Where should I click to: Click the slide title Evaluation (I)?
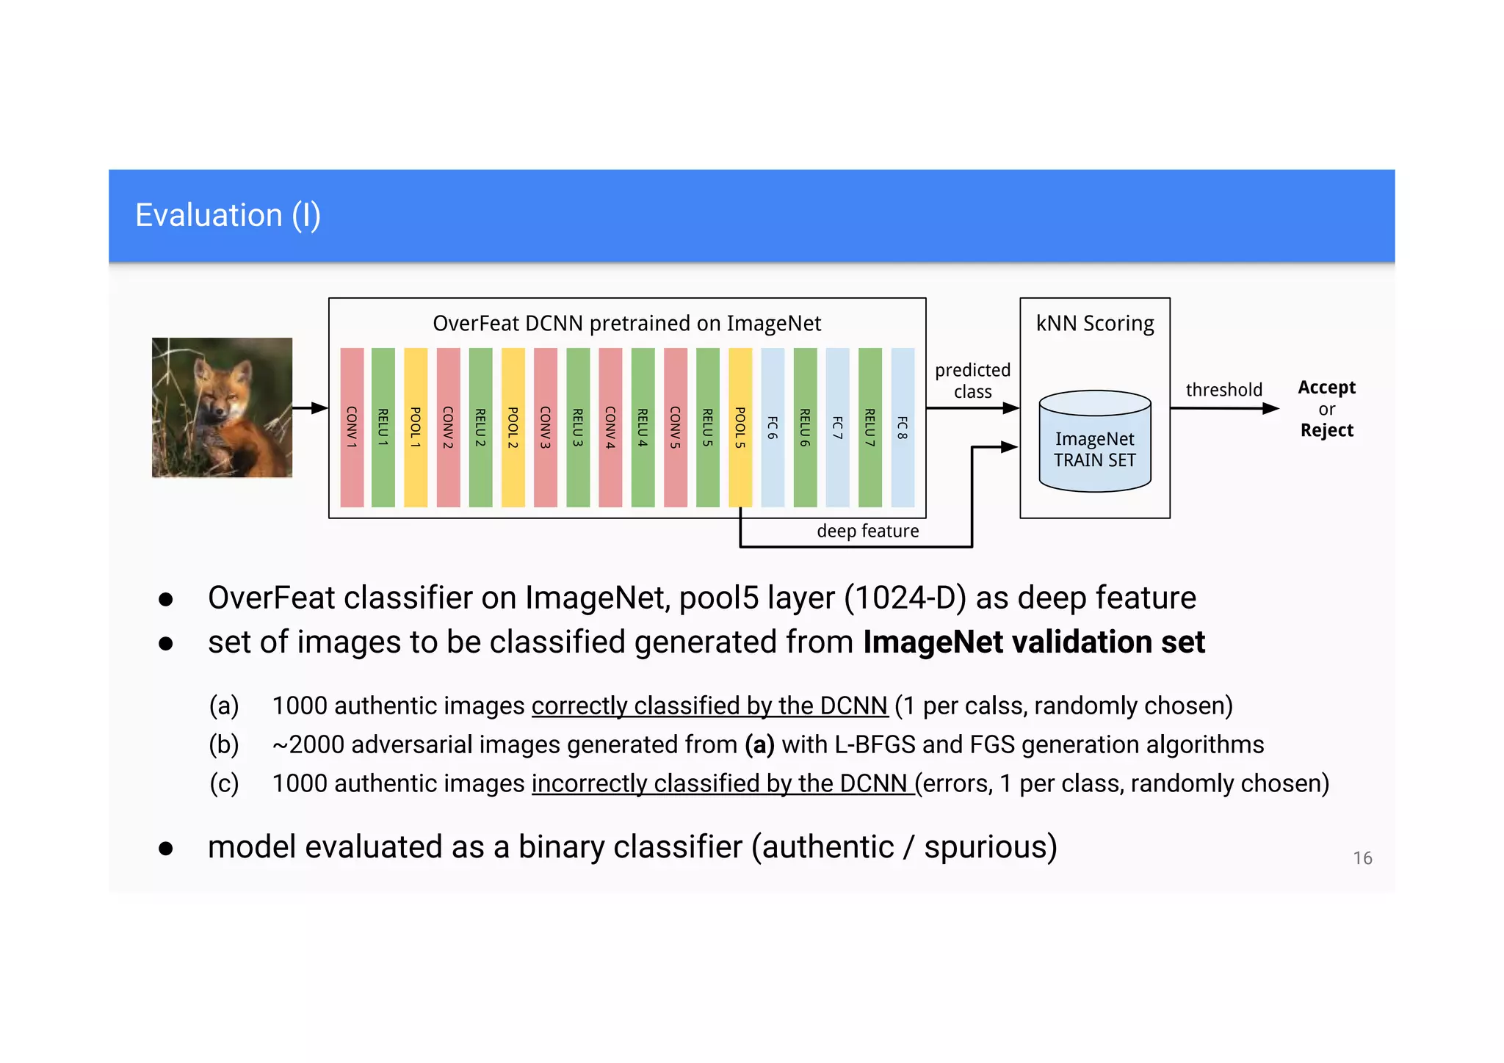pos(228,216)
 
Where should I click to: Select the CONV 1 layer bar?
pos(352,427)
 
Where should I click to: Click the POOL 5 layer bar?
pos(740,427)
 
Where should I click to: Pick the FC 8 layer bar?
pos(903,427)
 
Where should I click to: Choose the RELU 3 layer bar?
pos(578,427)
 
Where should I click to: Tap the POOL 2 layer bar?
pos(513,427)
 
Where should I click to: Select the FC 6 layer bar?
pos(773,427)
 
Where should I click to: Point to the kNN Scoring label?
pos(1095,324)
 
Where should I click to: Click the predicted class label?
pos(972,380)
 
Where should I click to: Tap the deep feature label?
pos(867,531)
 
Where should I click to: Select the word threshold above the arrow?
pos(1223,390)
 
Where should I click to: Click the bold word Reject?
pos(1326,430)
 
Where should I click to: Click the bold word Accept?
pos(1326,387)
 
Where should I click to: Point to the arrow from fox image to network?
pos(310,407)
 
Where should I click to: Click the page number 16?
pos(1362,858)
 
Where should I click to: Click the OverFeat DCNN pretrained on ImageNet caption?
pos(626,324)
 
